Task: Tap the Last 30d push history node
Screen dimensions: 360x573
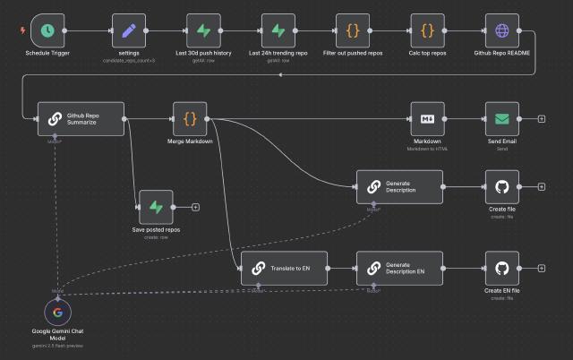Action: click(x=204, y=30)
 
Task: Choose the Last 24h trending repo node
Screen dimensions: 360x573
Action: click(x=278, y=30)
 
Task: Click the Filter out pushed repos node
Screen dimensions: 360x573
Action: click(x=353, y=30)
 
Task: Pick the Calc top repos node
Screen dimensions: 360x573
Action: click(x=427, y=30)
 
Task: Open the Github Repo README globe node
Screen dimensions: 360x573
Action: click(x=501, y=30)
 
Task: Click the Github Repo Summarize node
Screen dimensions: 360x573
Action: click(x=81, y=118)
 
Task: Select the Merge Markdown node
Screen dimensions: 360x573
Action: click(x=189, y=118)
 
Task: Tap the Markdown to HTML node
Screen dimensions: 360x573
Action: click(x=427, y=118)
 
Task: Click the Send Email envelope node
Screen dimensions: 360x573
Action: click(x=501, y=118)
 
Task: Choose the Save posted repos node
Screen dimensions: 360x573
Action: click(x=156, y=207)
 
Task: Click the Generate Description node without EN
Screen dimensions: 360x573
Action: click(x=399, y=186)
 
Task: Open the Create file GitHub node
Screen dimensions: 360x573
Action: click(x=501, y=186)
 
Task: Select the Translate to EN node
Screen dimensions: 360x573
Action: click(x=284, y=268)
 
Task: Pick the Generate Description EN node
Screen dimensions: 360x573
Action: click(x=399, y=268)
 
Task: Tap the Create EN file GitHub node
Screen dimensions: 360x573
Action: click(x=501, y=268)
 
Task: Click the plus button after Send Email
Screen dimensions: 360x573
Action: click(x=542, y=118)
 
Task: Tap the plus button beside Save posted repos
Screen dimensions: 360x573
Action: click(x=195, y=207)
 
